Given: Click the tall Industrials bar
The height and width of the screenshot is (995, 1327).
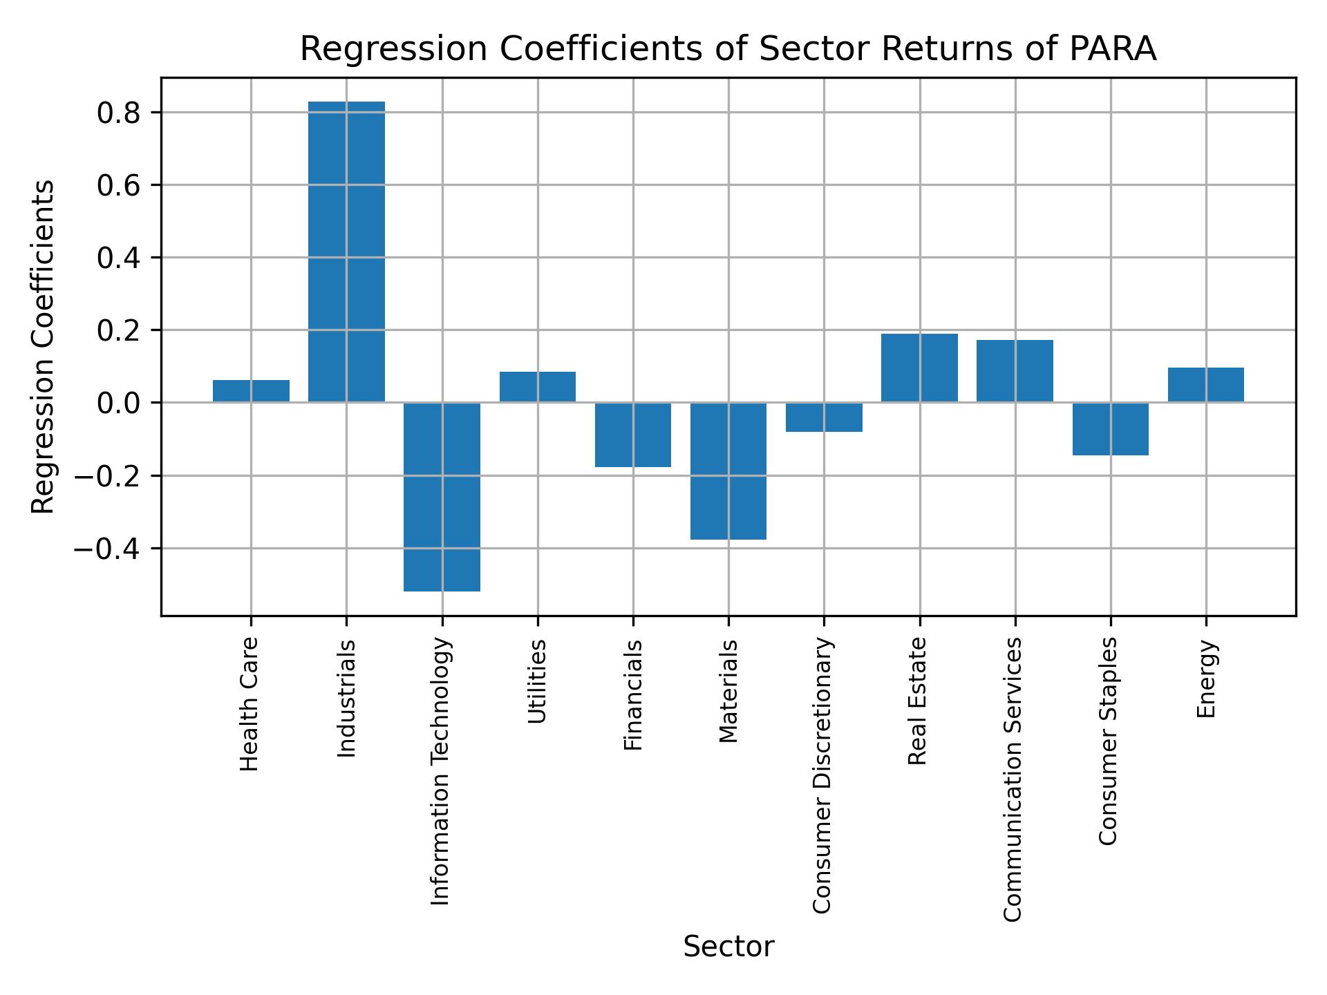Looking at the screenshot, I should (x=346, y=252).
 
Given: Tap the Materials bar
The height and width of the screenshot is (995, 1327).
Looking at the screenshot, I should (x=728, y=470).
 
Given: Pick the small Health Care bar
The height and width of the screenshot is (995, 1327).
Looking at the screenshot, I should (x=251, y=391).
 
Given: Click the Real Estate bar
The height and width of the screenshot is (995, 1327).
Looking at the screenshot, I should (x=919, y=368).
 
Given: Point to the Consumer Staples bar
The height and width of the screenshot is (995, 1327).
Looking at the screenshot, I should (x=1110, y=428).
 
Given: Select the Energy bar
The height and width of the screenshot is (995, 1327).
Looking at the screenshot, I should (x=1205, y=385).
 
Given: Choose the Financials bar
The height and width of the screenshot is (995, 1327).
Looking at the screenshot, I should (x=633, y=435).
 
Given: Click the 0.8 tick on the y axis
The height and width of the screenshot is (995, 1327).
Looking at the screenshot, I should (x=119, y=113).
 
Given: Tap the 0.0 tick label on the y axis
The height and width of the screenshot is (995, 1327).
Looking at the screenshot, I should (x=119, y=403).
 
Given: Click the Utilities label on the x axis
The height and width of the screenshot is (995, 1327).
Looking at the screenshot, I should (x=537, y=681).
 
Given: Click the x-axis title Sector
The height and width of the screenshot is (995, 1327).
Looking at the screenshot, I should (x=728, y=946).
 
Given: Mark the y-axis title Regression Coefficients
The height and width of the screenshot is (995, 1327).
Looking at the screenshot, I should (x=43, y=347).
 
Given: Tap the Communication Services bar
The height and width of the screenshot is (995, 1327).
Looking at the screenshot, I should (x=1015, y=371).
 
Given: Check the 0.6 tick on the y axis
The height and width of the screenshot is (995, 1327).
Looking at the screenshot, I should (x=119, y=185).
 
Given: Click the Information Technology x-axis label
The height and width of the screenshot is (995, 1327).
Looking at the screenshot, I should (x=440, y=770).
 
